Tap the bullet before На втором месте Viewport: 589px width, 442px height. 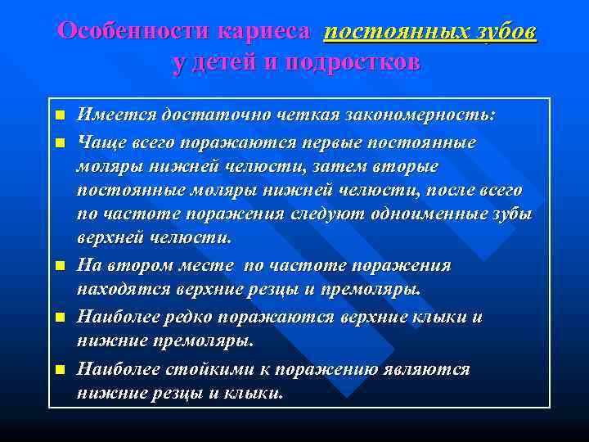tap(59, 267)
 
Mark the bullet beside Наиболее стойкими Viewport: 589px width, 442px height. tap(59, 369)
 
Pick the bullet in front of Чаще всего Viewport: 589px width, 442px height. tap(59, 143)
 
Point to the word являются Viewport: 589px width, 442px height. tap(427, 368)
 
